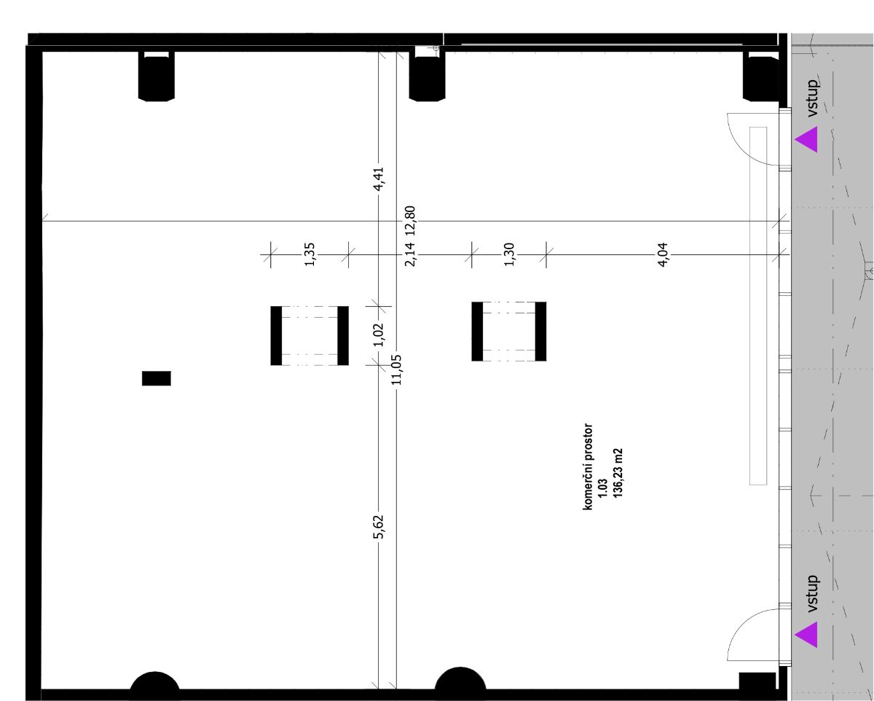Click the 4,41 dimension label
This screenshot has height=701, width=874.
point(378,179)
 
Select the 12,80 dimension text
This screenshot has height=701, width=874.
point(410,221)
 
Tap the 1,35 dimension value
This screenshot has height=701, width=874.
point(310,254)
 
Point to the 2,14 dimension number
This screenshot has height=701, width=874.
point(410,254)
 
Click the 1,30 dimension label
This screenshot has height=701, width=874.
point(509,254)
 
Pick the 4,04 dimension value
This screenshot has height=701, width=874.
point(662,254)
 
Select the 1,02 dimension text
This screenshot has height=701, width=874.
point(378,335)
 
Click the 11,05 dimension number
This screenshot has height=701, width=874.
point(396,369)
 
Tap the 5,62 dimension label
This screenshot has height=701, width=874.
point(378,527)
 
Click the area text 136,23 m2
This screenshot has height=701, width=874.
point(618,473)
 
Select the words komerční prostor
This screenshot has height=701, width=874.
point(588,467)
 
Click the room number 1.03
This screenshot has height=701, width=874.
point(603,487)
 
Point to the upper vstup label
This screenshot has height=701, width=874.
point(813,98)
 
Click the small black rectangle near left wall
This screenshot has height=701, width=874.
point(157,378)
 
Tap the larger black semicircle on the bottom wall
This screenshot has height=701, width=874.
point(460,678)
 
